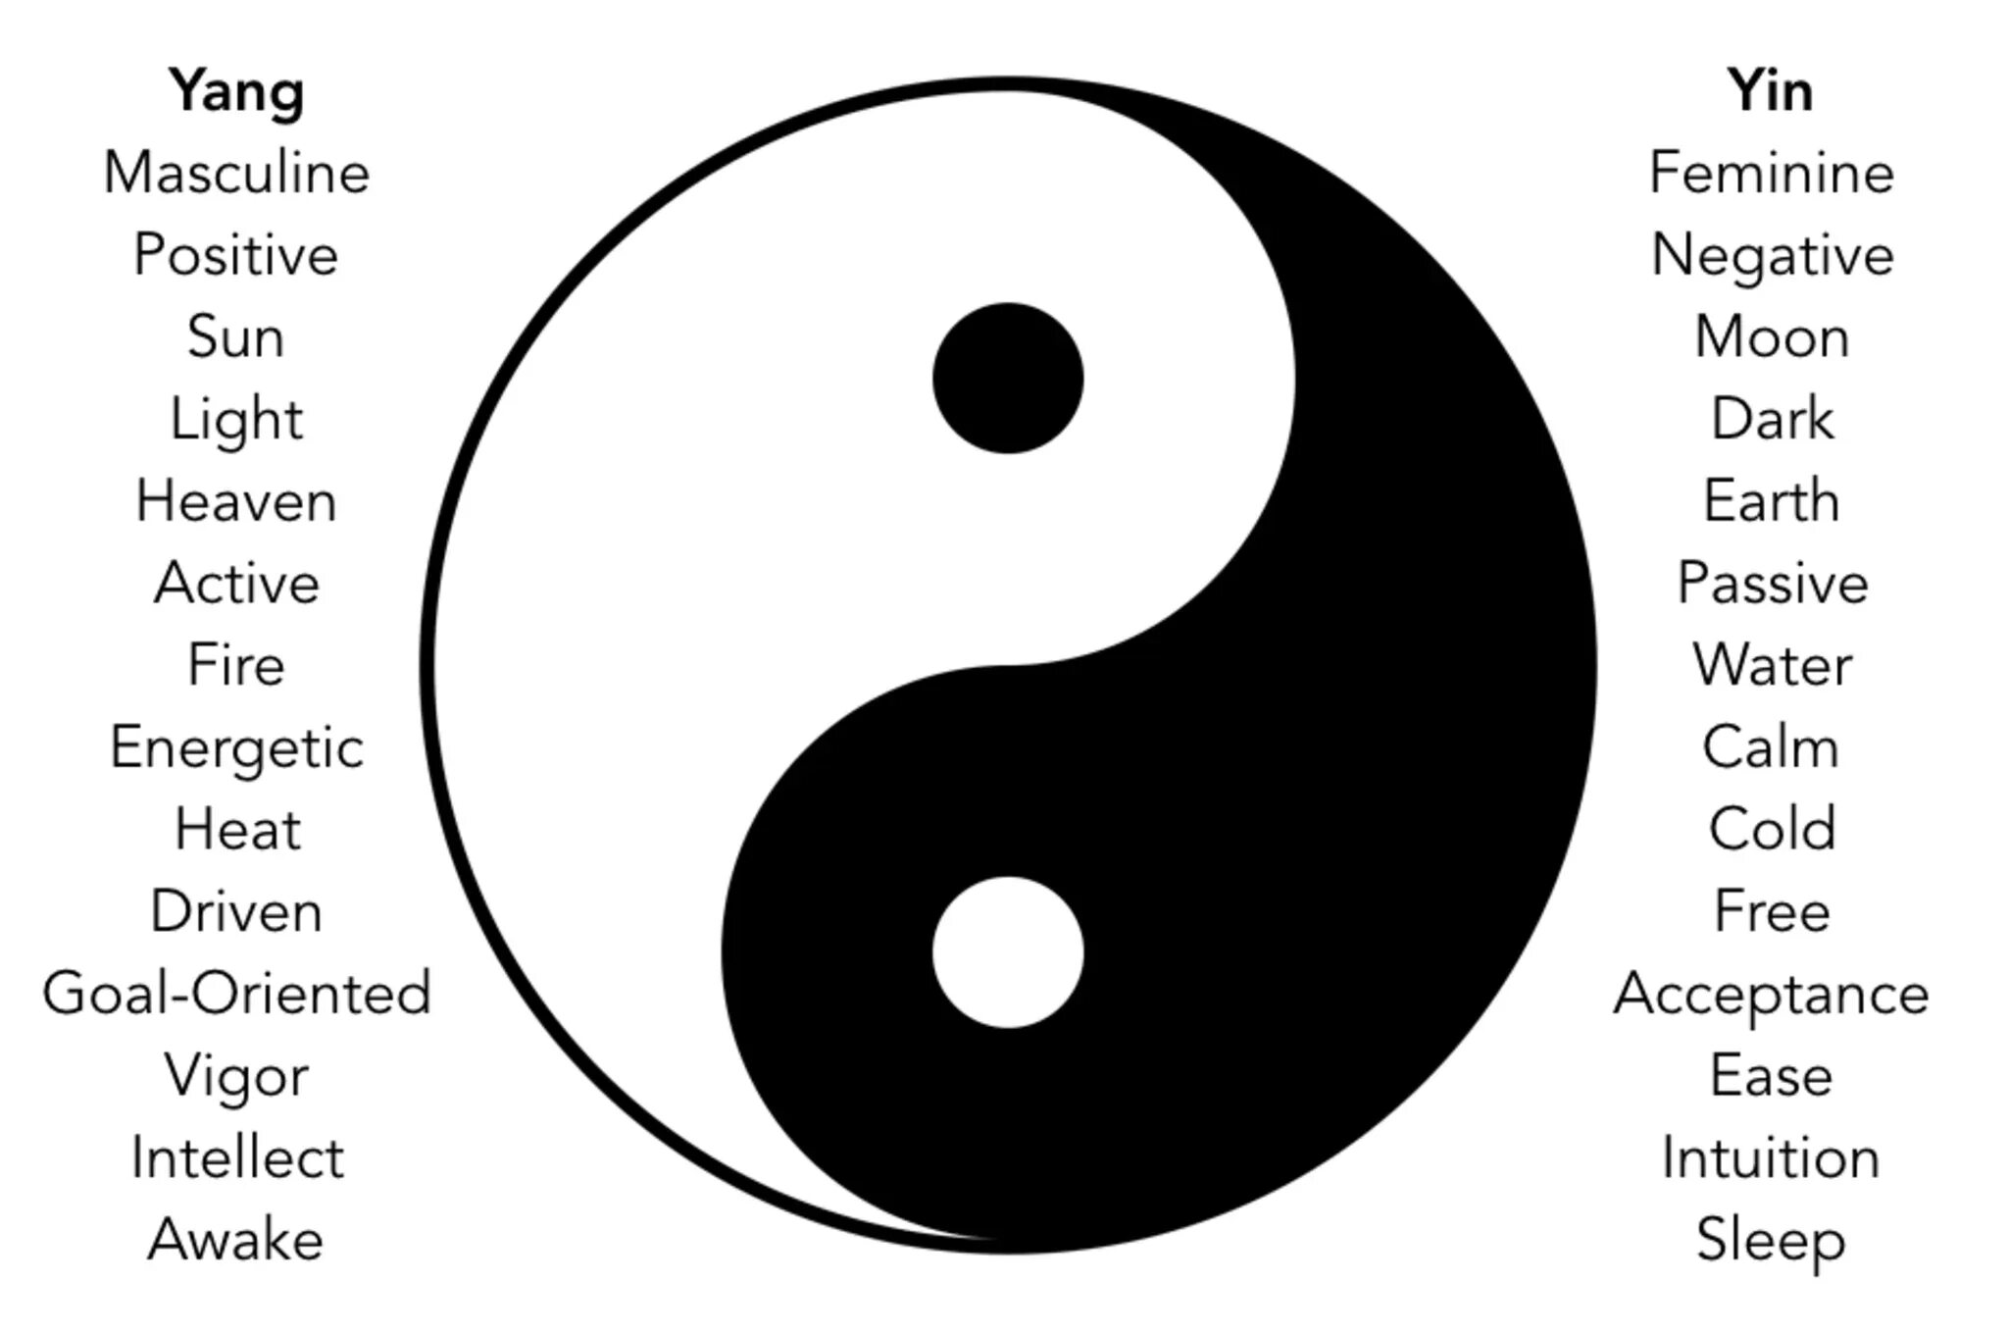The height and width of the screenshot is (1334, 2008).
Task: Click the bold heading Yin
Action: (1770, 91)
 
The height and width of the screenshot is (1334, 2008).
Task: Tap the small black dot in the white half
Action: (1008, 379)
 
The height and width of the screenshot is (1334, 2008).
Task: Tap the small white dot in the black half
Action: (1008, 952)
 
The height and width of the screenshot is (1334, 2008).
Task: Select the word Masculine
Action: (236, 174)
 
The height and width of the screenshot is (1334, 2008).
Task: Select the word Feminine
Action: (1771, 174)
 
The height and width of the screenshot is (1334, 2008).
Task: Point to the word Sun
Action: (236, 337)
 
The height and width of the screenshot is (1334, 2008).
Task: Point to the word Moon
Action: (1771, 337)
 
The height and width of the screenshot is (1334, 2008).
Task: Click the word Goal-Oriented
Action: (236, 994)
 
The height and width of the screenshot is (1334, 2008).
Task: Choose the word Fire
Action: (236, 665)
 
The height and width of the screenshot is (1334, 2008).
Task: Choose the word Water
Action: (1771, 665)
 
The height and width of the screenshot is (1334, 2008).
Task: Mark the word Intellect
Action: (237, 1157)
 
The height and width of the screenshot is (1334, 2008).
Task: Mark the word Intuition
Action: (1771, 1157)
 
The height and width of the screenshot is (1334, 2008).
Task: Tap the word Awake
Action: (236, 1240)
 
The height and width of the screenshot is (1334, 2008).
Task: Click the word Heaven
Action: (236, 501)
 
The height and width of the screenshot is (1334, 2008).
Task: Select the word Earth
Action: (1771, 501)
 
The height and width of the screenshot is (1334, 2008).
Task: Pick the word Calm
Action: (1771, 747)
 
